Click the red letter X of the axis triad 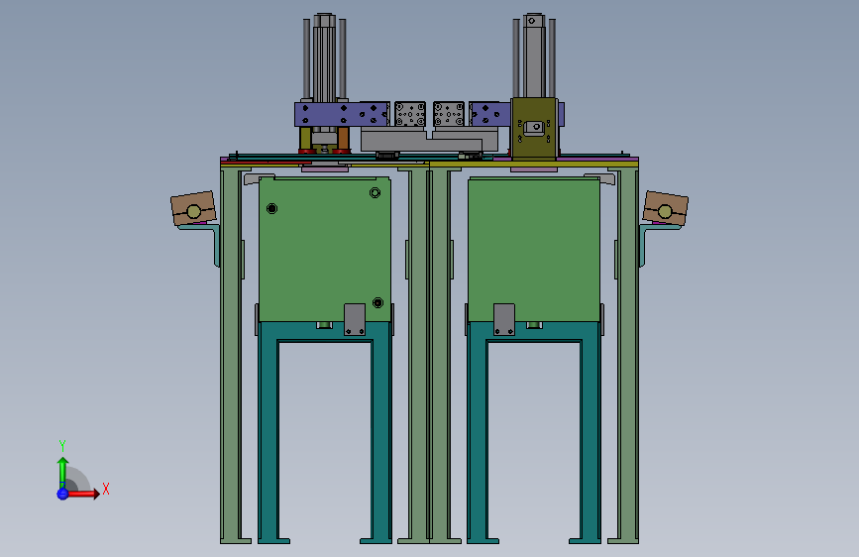[x=106, y=489]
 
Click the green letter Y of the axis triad [x=61, y=445]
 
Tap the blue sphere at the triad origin [x=62, y=494]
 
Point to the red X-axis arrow [x=82, y=494]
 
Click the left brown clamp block [x=193, y=208]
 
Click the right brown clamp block [x=665, y=208]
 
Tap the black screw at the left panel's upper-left [x=271, y=208]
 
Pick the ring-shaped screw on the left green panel [x=375, y=192]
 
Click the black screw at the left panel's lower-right [x=377, y=302]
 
